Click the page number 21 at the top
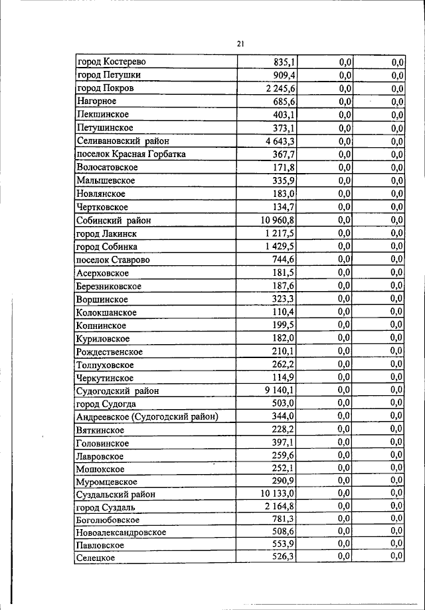[240, 44]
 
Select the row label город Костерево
[111, 62]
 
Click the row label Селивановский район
[123, 141]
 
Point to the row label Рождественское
[110, 351]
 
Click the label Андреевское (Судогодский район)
[147, 416]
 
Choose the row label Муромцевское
[107, 482]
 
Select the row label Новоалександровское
[121, 532]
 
